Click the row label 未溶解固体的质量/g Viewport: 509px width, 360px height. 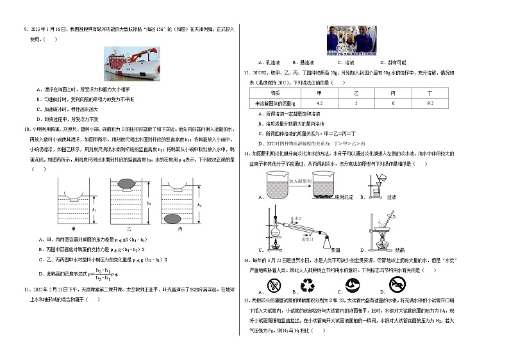tap(274, 102)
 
